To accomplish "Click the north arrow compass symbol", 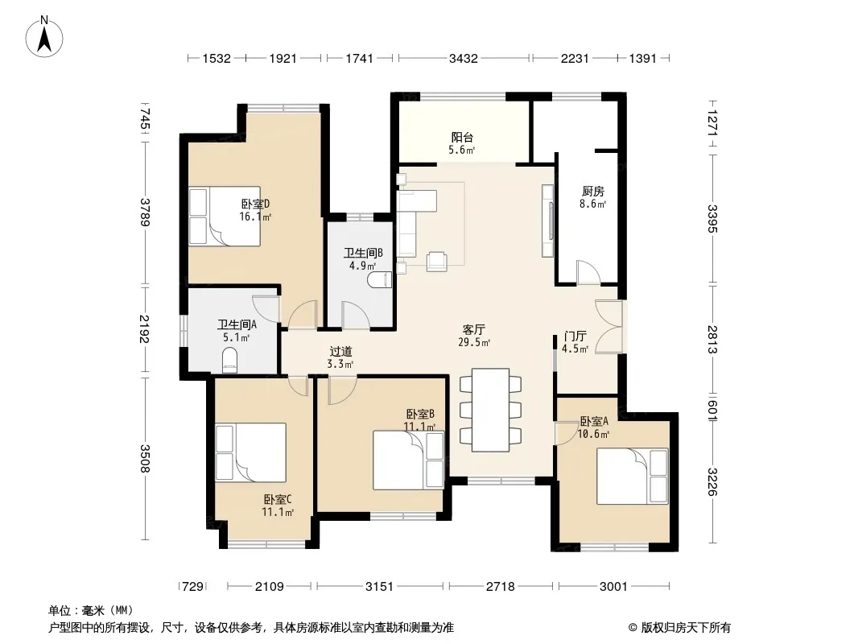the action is click(44, 37).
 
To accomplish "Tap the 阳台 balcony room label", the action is click(462, 138).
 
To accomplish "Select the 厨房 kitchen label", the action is click(593, 191).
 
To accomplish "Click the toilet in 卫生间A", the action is click(230, 361).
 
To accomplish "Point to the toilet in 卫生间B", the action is click(380, 280).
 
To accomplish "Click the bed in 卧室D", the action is click(225, 217).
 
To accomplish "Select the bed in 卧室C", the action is click(250, 452).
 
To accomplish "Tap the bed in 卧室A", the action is click(633, 476).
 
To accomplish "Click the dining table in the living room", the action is click(490, 410).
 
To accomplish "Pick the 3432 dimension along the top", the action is click(463, 58).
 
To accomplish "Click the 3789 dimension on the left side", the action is click(144, 212).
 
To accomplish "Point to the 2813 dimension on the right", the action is click(712, 339).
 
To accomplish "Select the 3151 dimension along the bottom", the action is click(379, 587).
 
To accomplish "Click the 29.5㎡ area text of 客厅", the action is click(474, 342).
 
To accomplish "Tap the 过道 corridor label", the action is click(340, 351).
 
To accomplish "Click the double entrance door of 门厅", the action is click(608, 326).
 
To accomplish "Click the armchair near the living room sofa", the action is click(437, 262).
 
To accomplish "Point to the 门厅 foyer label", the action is click(575, 336).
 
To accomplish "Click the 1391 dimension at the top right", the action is click(642, 58).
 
